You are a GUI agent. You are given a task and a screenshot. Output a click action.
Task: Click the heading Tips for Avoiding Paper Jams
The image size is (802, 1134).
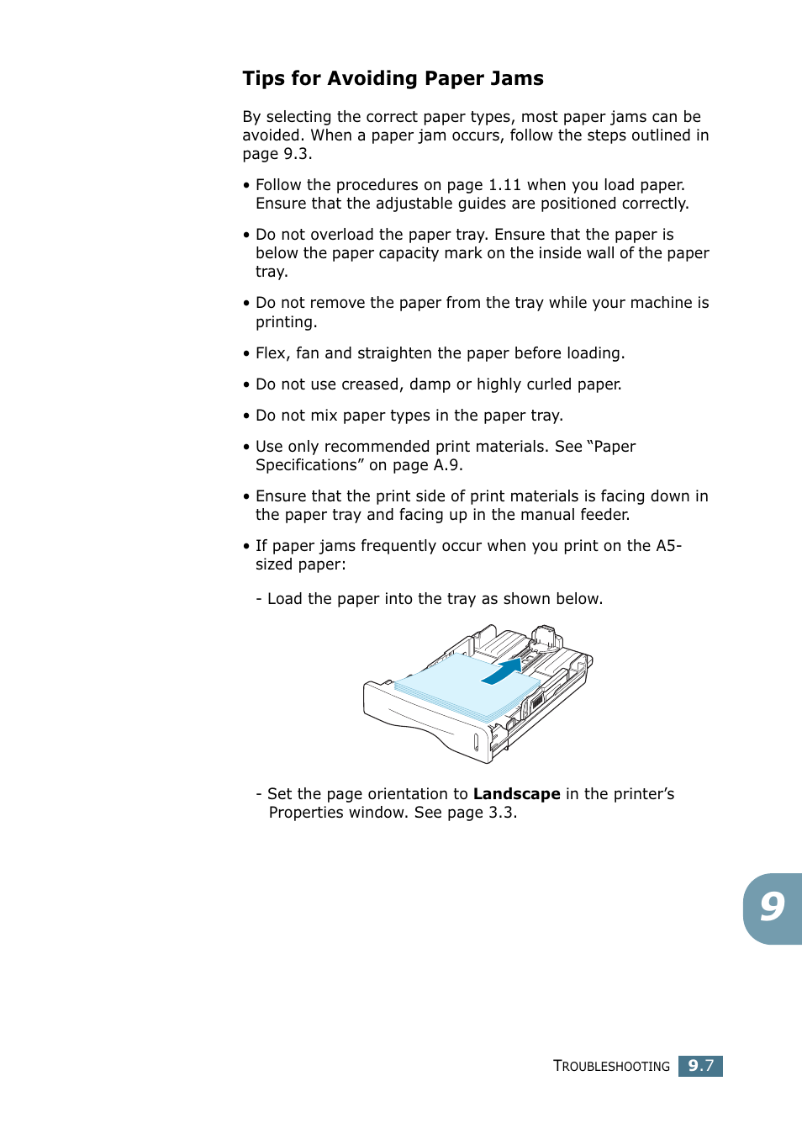393,78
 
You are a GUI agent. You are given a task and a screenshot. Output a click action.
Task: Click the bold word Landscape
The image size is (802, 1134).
516,794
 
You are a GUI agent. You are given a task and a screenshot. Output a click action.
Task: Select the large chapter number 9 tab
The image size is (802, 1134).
772,908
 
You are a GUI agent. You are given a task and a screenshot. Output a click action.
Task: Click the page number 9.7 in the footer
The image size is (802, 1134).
700,1066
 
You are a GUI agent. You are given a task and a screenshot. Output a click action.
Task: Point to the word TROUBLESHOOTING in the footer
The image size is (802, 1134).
611,1066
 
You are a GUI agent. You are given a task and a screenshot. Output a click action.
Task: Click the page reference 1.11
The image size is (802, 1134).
504,185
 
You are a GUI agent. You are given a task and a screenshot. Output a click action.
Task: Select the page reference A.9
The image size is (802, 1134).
447,465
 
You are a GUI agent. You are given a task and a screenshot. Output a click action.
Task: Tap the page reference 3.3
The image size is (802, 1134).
502,813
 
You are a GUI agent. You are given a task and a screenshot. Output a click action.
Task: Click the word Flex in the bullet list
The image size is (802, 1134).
272,353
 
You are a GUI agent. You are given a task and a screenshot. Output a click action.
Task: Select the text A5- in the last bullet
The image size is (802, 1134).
668,546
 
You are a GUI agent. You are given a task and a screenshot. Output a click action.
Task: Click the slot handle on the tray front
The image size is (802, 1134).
476,741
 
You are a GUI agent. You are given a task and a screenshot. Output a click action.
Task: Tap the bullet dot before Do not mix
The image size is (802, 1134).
246,416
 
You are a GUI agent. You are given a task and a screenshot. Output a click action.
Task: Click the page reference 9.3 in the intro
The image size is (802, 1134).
297,154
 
